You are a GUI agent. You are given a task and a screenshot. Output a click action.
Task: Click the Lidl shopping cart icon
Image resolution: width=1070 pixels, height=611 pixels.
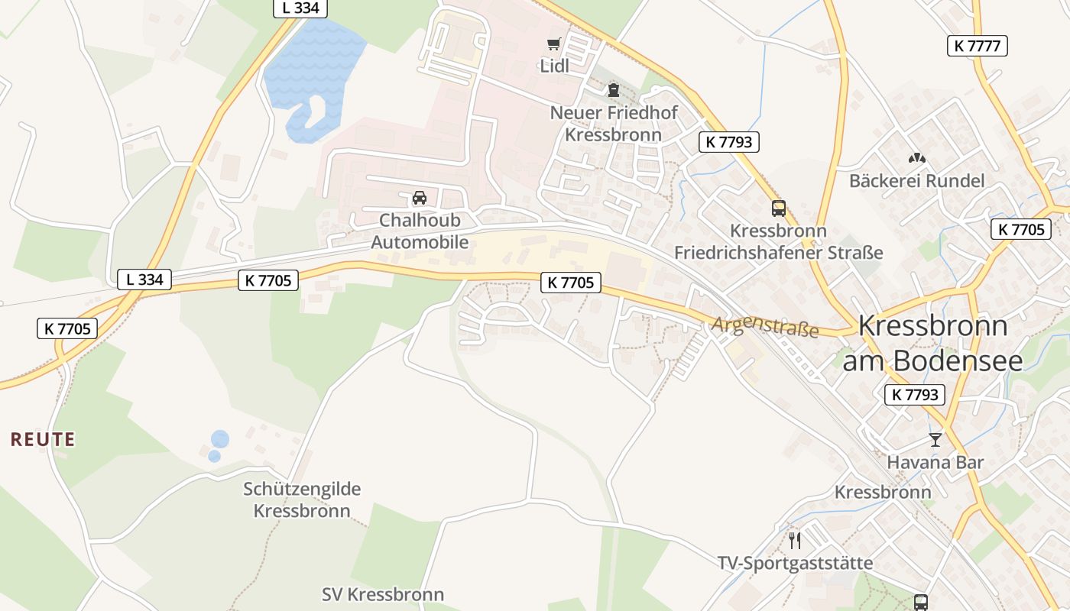click(x=553, y=44)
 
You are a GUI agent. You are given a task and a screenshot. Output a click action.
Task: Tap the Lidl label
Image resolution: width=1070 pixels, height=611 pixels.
click(x=555, y=66)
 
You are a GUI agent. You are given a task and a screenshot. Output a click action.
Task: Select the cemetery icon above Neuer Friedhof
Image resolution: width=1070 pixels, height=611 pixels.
click(x=613, y=90)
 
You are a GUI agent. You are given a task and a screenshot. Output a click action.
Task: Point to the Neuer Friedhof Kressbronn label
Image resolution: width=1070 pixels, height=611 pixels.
click(x=614, y=124)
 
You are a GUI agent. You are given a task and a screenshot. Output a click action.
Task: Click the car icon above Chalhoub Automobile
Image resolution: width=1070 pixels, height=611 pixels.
click(x=420, y=198)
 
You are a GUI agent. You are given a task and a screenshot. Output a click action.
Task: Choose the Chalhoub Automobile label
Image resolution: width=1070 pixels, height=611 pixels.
click(x=420, y=231)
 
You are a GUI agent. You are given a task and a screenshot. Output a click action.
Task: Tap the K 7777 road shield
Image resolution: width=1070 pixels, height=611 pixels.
click(x=977, y=46)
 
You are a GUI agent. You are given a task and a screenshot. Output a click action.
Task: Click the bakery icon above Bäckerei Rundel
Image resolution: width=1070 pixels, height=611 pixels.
click(x=916, y=158)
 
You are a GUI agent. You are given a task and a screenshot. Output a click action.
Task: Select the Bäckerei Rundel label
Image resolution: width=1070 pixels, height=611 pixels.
click(x=916, y=181)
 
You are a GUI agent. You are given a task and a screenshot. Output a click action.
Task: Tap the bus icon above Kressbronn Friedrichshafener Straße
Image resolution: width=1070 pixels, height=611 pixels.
click(x=778, y=208)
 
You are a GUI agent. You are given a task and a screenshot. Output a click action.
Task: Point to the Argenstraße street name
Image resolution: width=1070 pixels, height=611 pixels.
click(x=764, y=327)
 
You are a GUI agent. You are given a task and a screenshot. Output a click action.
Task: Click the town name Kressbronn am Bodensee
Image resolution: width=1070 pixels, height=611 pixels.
click(x=932, y=342)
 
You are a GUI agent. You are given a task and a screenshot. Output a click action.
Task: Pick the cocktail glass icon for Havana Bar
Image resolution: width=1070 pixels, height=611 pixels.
click(x=935, y=439)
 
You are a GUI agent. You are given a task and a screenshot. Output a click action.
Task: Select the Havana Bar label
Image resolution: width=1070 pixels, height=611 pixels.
click(x=935, y=462)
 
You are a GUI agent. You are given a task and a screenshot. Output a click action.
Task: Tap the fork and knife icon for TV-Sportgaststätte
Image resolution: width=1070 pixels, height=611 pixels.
click(x=795, y=541)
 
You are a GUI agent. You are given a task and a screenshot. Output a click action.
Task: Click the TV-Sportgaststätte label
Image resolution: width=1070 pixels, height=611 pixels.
click(x=795, y=564)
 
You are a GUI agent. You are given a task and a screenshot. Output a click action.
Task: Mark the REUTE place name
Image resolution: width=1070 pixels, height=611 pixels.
click(x=43, y=439)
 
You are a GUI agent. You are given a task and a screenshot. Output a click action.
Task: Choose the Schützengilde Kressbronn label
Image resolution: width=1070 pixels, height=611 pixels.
click(x=302, y=499)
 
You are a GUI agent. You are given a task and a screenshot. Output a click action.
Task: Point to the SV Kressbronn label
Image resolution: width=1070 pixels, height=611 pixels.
click(x=383, y=594)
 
